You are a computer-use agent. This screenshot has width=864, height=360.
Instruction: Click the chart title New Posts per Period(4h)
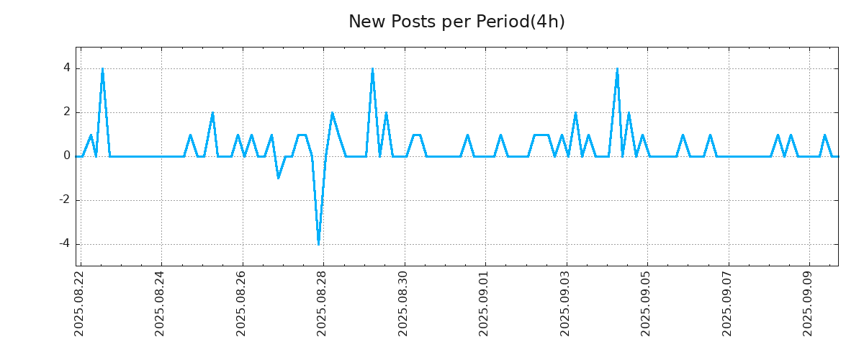(x=456, y=22)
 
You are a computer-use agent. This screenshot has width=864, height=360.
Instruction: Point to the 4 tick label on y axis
(x=66, y=68)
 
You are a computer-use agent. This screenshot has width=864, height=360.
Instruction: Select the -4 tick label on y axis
(x=64, y=243)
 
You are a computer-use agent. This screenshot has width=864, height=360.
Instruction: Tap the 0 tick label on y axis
(x=66, y=156)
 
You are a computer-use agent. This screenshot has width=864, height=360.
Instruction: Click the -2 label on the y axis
(x=64, y=199)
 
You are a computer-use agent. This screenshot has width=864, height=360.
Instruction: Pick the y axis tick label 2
(x=66, y=112)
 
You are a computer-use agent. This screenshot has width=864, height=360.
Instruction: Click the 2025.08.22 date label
(x=80, y=303)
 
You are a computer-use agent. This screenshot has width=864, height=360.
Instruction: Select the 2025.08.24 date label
(x=161, y=303)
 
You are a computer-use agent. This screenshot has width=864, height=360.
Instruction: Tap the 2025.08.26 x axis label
(x=242, y=303)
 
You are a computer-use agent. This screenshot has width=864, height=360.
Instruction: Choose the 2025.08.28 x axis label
(x=323, y=303)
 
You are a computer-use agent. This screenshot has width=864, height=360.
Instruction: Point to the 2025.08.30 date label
(x=404, y=303)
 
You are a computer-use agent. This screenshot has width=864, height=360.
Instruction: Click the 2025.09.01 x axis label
(x=485, y=303)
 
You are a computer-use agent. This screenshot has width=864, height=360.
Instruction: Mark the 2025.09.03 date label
(x=566, y=303)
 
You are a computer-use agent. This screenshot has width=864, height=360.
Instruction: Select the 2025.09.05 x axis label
(x=647, y=303)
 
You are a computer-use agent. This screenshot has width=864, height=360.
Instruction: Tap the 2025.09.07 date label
(x=728, y=303)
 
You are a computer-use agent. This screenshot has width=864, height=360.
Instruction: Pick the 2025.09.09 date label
(x=809, y=303)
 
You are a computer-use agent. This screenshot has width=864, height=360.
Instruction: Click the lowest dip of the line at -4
(x=318, y=243)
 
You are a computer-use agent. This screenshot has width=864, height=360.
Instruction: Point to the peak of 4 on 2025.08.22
(x=102, y=69)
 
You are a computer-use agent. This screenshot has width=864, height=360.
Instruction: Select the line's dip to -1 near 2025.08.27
(x=278, y=178)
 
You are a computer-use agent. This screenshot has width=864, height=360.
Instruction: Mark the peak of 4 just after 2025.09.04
(x=617, y=69)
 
